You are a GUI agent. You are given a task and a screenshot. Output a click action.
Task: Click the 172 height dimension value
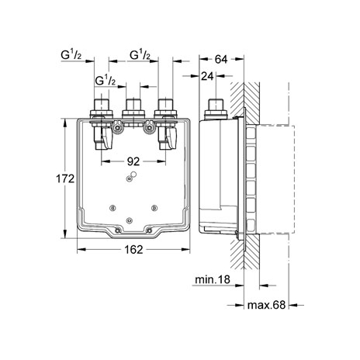pyautogui.click(x=65, y=178)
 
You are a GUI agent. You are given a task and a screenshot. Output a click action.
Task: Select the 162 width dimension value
pyautogui.click(x=133, y=250)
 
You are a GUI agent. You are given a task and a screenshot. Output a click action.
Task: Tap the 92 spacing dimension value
pyautogui.click(x=133, y=161)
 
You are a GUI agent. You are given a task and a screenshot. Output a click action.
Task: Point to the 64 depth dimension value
pyautogui.click(x=221, y=59)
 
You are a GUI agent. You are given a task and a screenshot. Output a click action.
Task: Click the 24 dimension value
pyautogui.click(x=207, y=76)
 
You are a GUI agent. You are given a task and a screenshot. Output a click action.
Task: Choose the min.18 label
pyautogui.click(x=213, y=279)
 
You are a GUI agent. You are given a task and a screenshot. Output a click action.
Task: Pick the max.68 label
pyautogui.click(x=266, y=305)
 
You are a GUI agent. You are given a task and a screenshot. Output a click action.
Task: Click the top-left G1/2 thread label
pyautogui.click(x=71, y=55)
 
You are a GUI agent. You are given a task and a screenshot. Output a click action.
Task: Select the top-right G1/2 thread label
pyautogui.click(x=140, y=55)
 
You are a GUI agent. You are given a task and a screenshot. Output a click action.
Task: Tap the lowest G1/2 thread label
pyautogui.click(x=106, y=81)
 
